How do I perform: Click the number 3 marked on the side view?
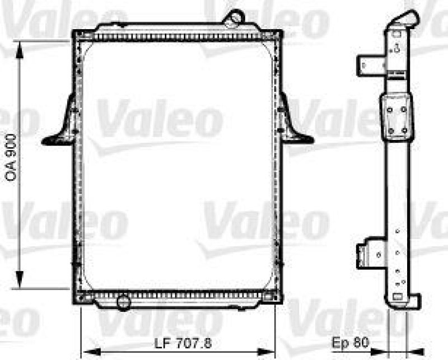[x=396, y=47]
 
